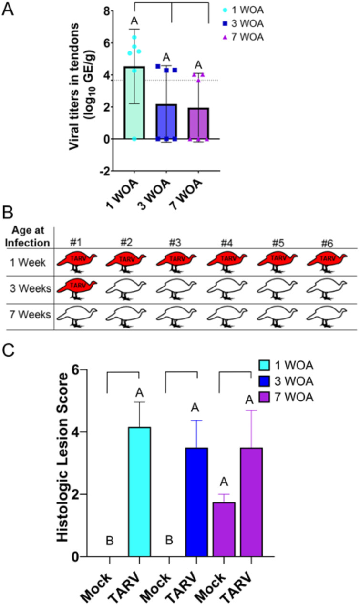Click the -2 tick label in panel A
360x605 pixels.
(x=107, y=171)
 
